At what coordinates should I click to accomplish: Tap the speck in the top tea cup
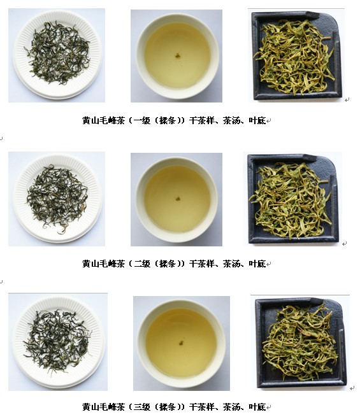click(178, 55)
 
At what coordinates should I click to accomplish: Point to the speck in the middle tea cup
click(178, 199)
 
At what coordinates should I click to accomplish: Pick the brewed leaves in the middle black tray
click(291, 200)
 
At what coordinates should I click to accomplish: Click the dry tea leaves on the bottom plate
click(57, 341)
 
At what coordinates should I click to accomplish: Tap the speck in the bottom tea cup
click(181, 343)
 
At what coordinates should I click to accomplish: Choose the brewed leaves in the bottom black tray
click(300, 343)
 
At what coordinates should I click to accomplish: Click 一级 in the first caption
click(142, 121)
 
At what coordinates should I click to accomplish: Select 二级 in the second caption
click(142, 264)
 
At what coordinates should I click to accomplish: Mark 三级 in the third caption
click(142, 407)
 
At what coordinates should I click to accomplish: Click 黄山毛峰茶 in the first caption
click(103, 121)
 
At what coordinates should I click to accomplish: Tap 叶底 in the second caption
click(257, 264)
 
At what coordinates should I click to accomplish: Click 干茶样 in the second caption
click(202, 264)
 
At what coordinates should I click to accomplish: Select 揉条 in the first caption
click(168, 121)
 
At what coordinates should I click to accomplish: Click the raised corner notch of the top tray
click(312, 15)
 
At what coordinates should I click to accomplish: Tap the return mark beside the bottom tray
click(352, 388)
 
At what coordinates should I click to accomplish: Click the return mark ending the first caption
click(269, 121)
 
